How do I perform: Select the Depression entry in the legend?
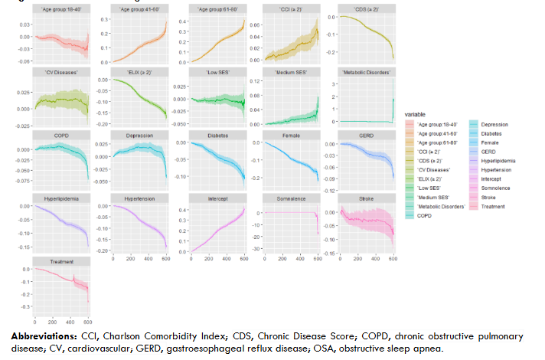pyautogui.click(x=493, y=124)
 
